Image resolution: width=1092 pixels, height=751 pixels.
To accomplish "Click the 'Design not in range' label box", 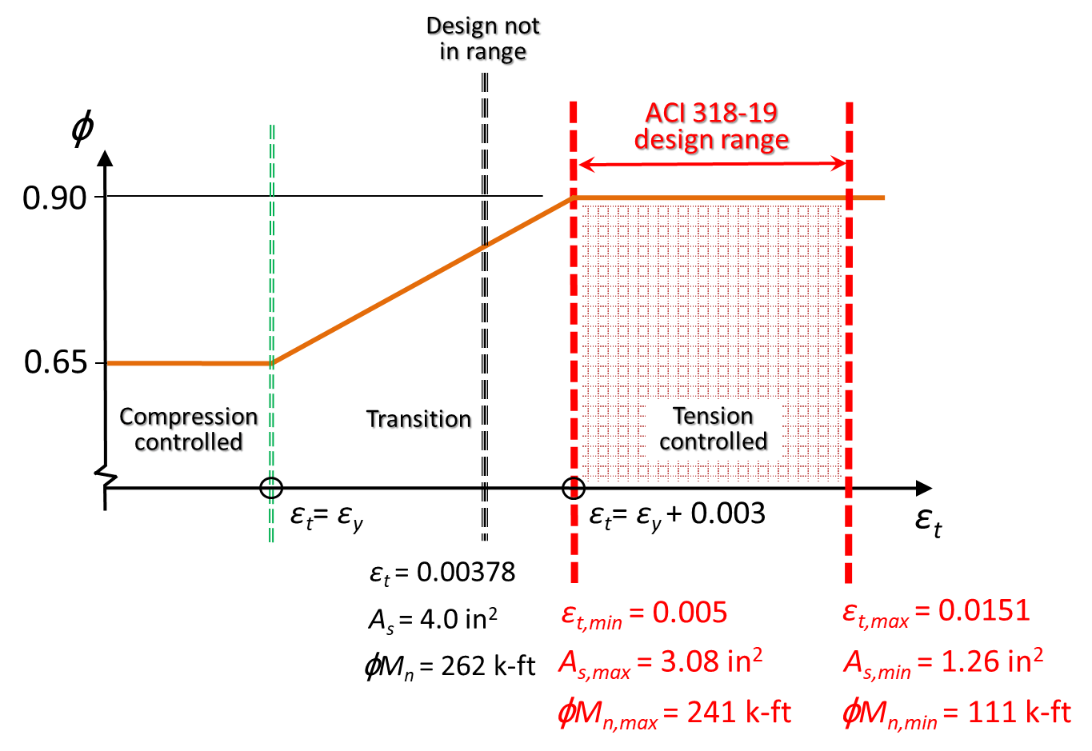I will click(x=482, y=38).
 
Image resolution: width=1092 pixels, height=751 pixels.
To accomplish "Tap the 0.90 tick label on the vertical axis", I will click(x=54, y=198).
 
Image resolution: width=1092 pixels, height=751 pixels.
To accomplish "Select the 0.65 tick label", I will click(x=54, y=362).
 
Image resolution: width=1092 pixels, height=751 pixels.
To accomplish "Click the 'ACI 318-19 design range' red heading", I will click(x=712, y=126).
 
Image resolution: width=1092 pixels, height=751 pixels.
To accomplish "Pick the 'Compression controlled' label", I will click(x=190, y=430).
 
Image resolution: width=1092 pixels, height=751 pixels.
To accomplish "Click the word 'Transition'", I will click(x=419, y=420).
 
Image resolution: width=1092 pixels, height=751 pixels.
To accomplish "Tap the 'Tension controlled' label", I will click(x=713, y=429).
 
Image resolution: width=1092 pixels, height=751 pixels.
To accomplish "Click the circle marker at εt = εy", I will click(x=271, y=488).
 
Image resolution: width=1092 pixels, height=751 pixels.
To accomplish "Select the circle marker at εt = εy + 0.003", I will click(x=573, y=488).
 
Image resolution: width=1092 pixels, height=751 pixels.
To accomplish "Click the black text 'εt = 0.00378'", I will click(x=442, y=573).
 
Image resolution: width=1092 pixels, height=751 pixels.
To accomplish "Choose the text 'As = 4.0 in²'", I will click(x=433, y=620).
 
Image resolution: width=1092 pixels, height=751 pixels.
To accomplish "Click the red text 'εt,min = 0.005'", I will click(x=644, y=613).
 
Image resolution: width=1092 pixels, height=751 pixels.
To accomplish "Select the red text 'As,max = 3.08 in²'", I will click(x=660, y=662).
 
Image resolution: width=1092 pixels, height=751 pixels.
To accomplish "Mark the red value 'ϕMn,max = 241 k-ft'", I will click(x=674, y=713).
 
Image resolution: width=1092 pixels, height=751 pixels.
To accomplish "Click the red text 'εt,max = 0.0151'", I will click(x=936, y=612).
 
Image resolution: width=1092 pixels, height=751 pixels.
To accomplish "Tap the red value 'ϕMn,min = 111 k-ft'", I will click(x=956, y=713).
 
